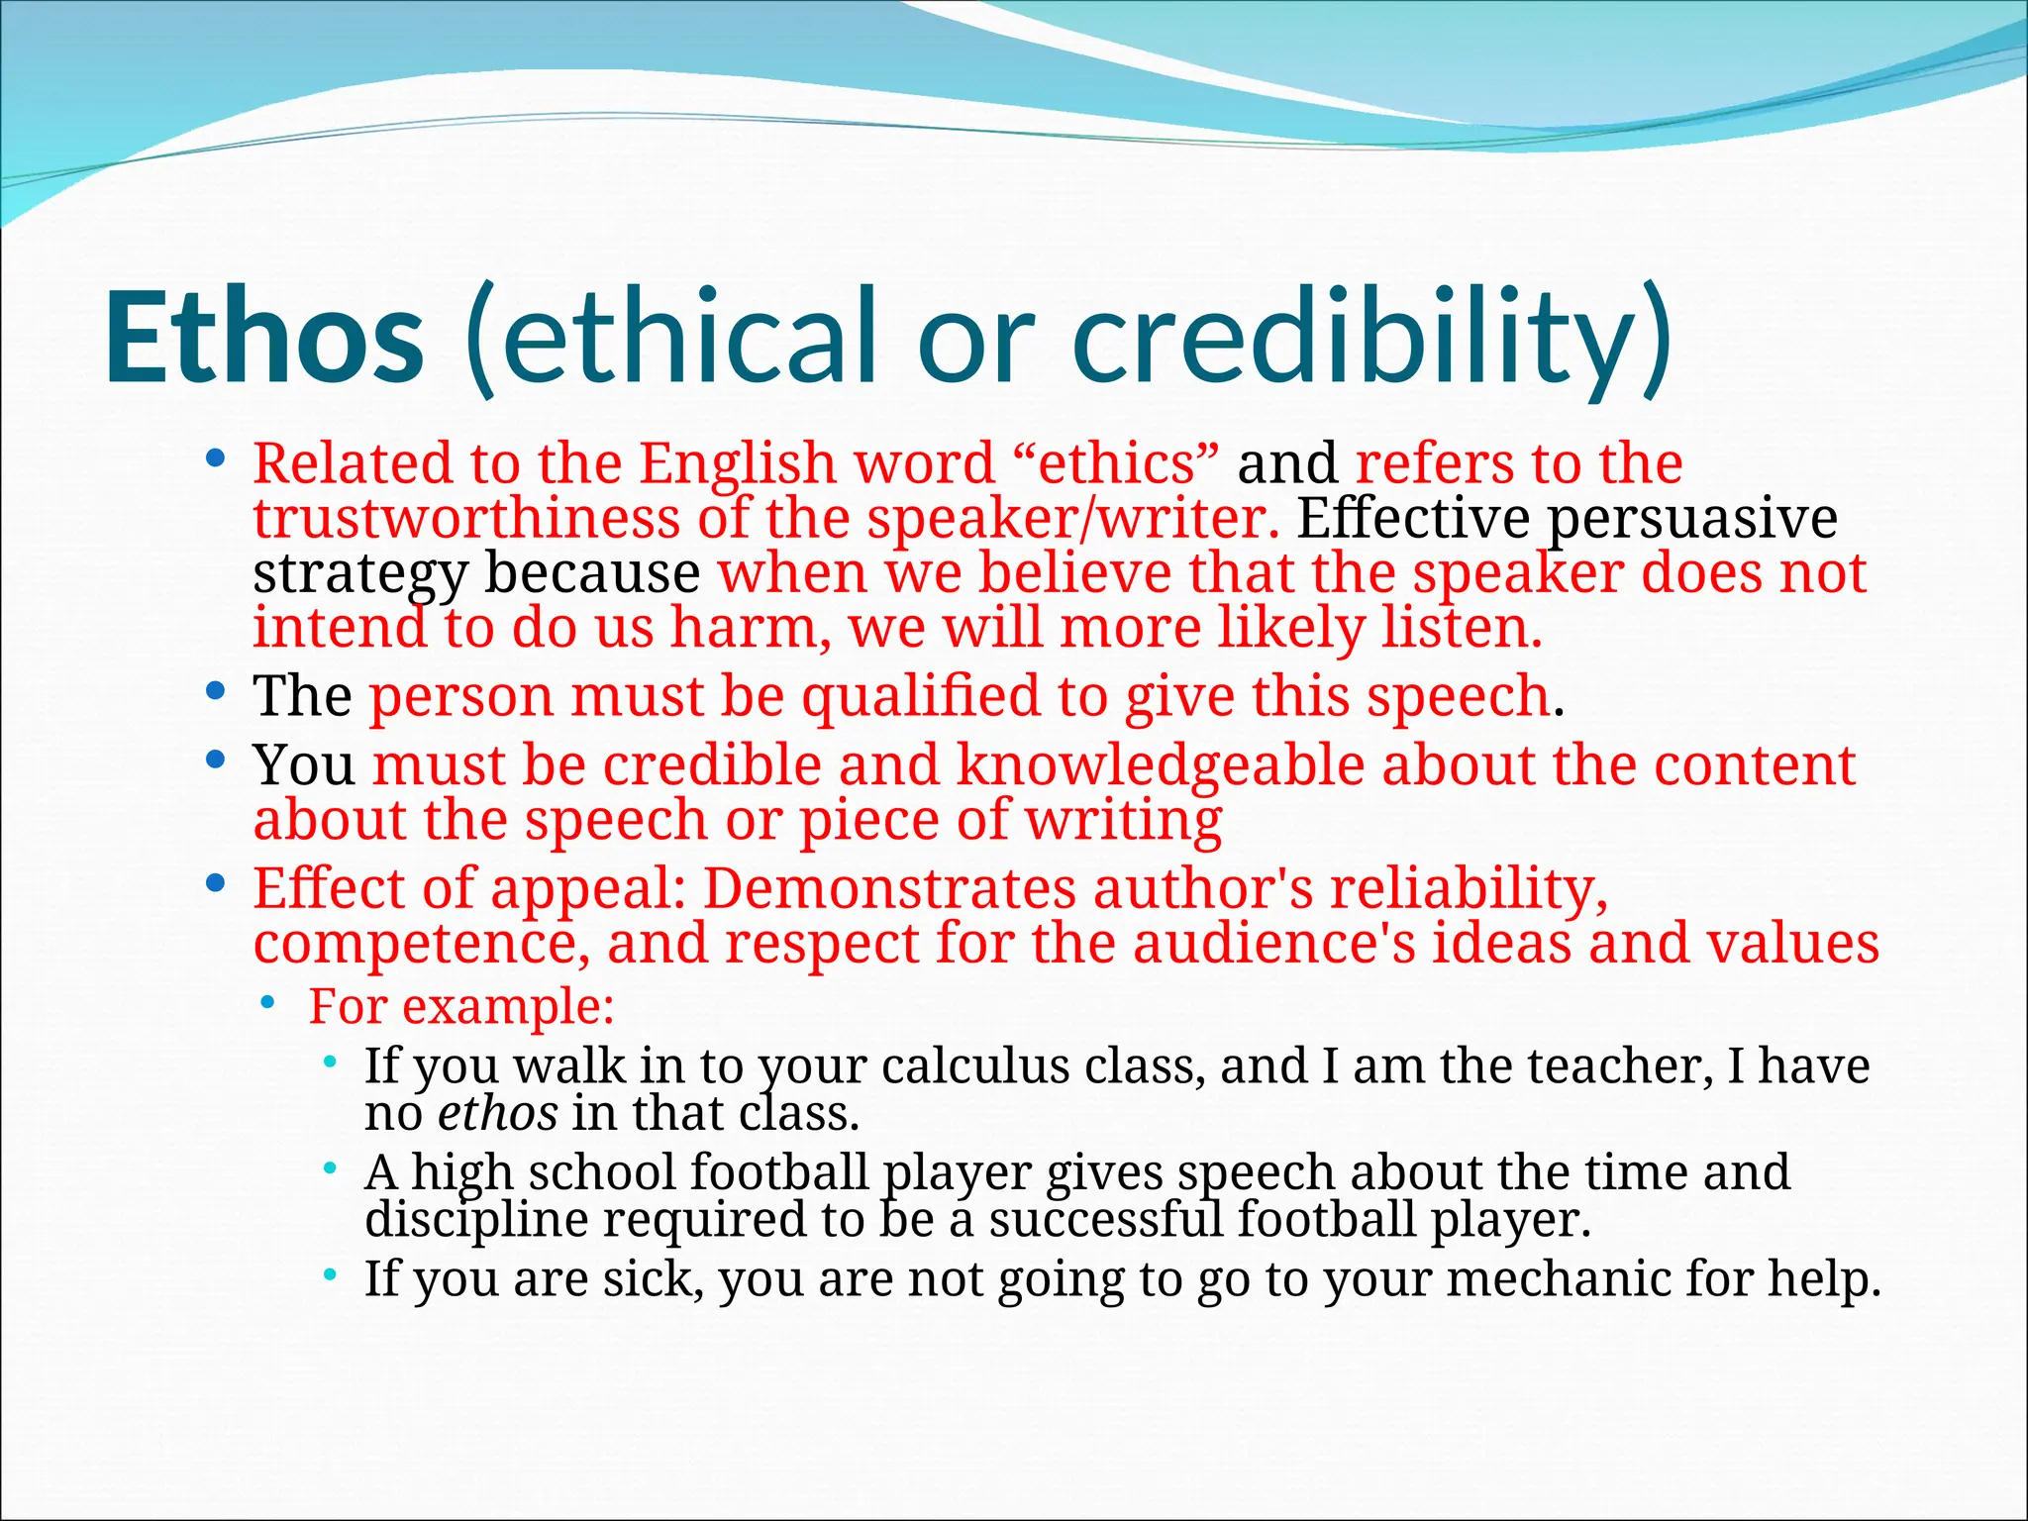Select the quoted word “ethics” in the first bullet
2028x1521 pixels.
click(x=1118, y=463)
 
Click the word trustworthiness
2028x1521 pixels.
click(x=466, y=518)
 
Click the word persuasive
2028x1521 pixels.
click(x=1692, y=518)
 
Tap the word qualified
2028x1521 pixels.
click(x=921, y=696)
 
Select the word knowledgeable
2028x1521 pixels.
click(x=1160, y=765)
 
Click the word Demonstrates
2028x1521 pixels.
click(x=889, y=888)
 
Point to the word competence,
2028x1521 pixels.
click(x=422, y=943)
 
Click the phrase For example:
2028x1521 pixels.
click(x=461, y=1007)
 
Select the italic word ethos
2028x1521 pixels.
click(x=497, y=1113)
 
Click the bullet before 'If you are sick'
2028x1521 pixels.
click(x=330, y=1275)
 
